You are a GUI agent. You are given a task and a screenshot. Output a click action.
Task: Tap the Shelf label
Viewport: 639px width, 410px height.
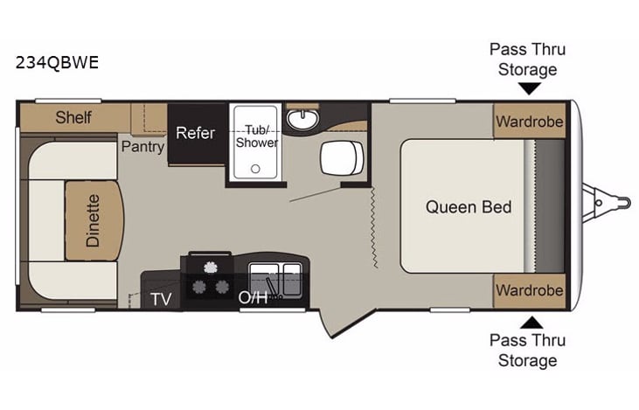[x=73, y=116]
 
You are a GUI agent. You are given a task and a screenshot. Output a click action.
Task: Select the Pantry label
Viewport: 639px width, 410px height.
[x=142, y=146]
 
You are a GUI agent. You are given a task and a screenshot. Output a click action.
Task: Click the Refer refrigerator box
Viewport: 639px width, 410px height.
[x=195, y=133]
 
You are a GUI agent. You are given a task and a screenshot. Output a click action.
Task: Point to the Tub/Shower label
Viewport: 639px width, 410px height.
[x=257, y=136]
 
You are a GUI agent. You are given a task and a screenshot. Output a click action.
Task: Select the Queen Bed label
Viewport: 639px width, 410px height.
[x=469, y=207]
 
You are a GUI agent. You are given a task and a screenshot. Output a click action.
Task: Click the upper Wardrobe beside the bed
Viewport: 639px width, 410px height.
[x=529, y=122]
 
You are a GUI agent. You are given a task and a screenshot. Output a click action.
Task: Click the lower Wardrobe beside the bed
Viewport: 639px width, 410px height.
[x=529, y=289]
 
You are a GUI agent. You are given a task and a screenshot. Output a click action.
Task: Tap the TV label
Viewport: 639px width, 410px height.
[x=161, y=297]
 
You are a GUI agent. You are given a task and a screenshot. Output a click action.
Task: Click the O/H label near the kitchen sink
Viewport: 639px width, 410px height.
[x=253, y=297]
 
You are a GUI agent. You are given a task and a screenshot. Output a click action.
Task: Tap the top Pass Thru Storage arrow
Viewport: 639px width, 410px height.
[x=528, y=88]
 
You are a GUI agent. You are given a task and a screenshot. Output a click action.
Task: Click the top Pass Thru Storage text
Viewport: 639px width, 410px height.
[x=528, y=59]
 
